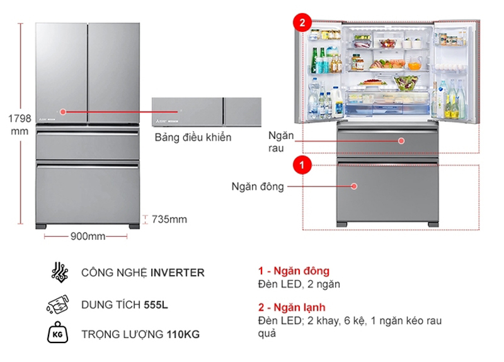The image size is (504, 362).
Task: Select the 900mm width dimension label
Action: pyautogui.click(x=87, y=236)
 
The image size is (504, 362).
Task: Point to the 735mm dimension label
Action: pyautogui.click(x=169, y=219)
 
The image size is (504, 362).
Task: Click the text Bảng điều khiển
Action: pyautogui.click(x=193, y=137)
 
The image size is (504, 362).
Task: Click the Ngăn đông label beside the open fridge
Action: pyautogui.click(x=257, y=186)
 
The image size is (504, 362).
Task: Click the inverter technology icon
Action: pyautogui.click(x=58, y=273)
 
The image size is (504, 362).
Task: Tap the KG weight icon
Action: pyautogui.click(x=58, y=334)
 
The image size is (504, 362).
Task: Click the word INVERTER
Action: pyautogui.click(x=177, y=273)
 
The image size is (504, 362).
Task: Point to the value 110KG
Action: pyautogui.click(x=183, y=334)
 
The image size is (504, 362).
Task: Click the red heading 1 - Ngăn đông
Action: pyautogui.click(x=294, y=271)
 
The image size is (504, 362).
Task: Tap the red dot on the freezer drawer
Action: pyautogui.click(x=355, y=186)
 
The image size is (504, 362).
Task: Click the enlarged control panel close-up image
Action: pyautogui.click(x=206, y=113)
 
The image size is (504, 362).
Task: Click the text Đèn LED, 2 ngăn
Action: pyautogui.click(x=299, y=284)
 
